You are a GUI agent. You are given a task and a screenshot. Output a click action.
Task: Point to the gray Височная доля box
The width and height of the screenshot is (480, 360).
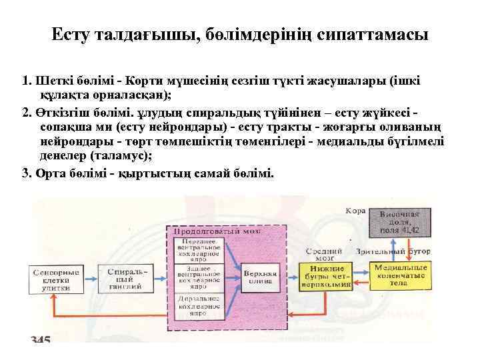pyautogui.click(x=399, y=222)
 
